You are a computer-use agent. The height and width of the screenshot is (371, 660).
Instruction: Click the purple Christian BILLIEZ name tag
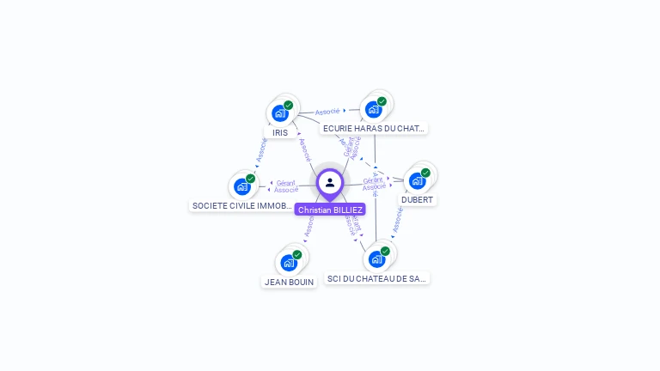(330, 210)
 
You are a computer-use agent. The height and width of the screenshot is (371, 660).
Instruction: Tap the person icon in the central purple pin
(330, 182)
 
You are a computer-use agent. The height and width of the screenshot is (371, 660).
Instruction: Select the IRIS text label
(280, 133)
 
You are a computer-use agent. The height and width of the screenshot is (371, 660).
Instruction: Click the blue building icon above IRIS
(279, 113)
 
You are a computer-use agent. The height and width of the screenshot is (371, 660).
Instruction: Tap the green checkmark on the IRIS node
(289, 105)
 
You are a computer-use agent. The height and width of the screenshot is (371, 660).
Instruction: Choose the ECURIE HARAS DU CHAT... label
(374, 129)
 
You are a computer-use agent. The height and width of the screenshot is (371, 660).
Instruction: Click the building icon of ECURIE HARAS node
(373, 109)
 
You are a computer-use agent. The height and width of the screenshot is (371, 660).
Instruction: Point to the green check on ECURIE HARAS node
(382, 101)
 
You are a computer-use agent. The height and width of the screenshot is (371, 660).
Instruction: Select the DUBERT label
(418, 200)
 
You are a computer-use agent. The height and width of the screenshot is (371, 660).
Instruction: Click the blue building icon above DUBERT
(417, 180)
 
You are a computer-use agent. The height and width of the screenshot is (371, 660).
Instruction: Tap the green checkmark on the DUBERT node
(425, 173)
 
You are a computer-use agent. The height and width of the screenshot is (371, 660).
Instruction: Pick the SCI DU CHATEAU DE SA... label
(376, 278)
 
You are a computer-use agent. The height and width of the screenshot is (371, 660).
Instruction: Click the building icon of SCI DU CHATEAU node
(376, 258)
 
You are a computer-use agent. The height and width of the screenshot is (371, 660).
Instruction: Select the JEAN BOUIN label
(289, 282)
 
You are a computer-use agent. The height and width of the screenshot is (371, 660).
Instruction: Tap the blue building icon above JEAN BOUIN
(288, 262)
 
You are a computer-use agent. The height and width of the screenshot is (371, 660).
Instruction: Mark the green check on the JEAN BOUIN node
(297, 254)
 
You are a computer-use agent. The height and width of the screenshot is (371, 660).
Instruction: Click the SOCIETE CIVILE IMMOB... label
(242, 206)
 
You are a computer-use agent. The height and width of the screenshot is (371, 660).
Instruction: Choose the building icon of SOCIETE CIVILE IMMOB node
(241, 186)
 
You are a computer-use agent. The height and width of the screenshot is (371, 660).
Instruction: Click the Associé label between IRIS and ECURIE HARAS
(327, 111)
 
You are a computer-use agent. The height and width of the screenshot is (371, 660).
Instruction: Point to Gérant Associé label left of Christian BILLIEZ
(286, 186)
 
